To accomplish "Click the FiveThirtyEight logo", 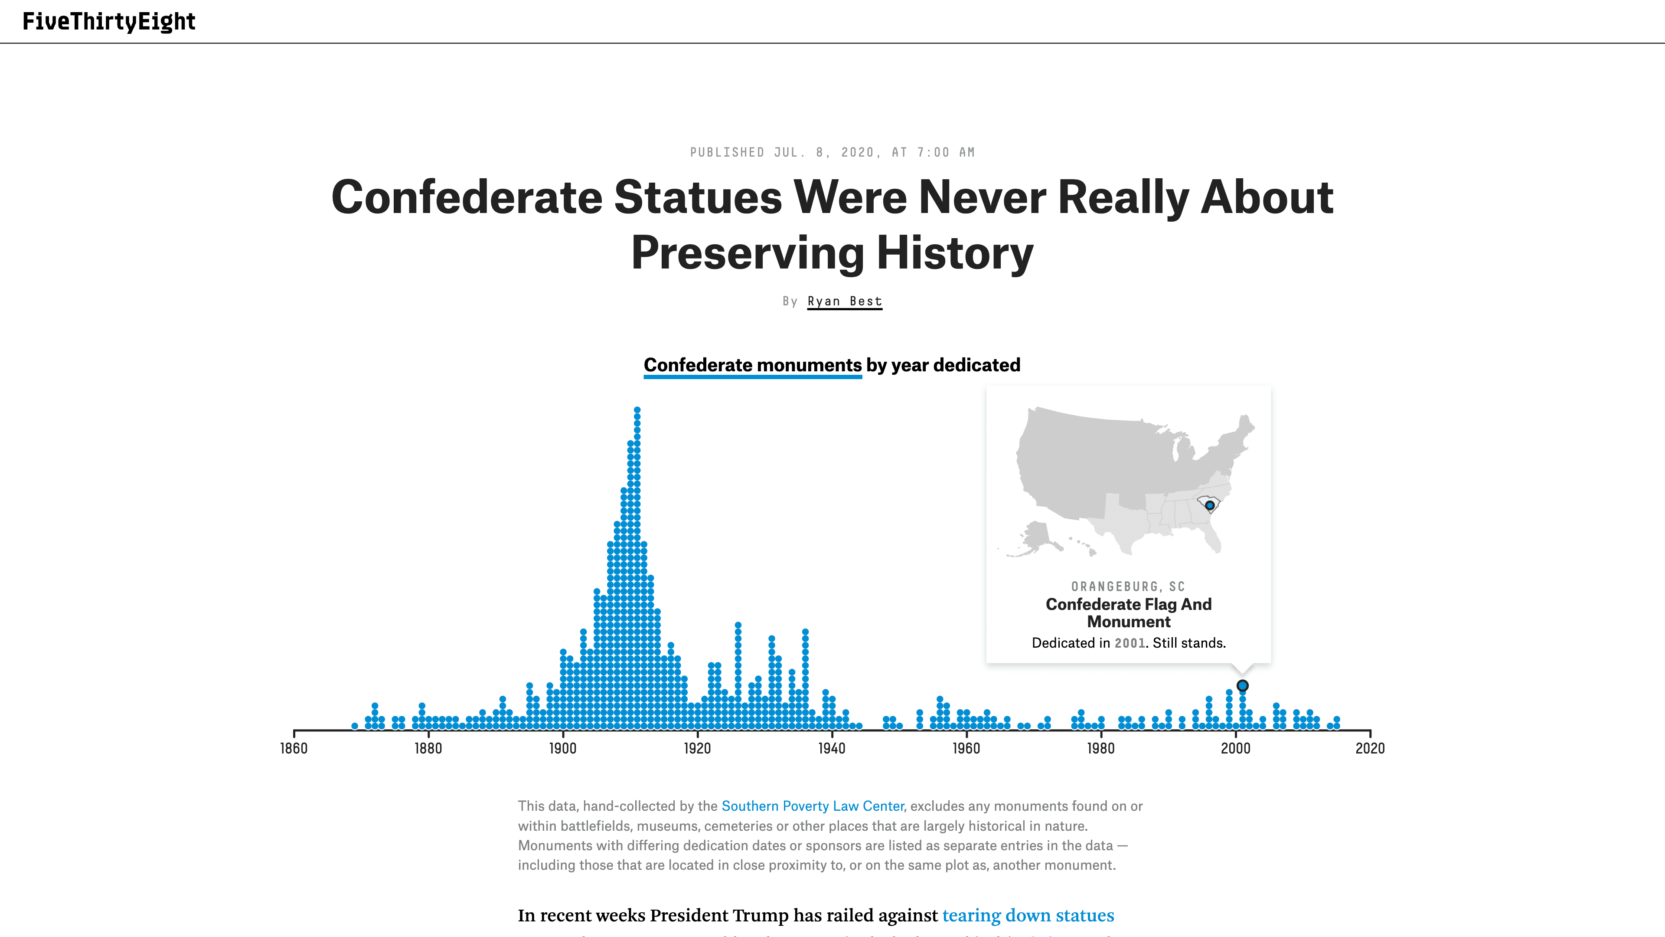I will pyautogui.click(x=108, y=21).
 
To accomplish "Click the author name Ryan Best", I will pyautogui.click(x=844, y=301).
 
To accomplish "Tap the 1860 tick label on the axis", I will pyautogui.click(x=294, y=748).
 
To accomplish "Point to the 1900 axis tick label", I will pyautogui.click(x=562, y=748).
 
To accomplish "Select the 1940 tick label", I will pyautogui.click(x=831, y=748).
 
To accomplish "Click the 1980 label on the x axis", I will pyautogui.click(x=1100, y=748).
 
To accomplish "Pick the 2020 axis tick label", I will pyautogui.click(x=1370, y=748).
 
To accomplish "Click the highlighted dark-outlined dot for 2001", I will pyautogui.click(x=1242, y=685).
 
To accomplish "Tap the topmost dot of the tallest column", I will pyautogui.click(x=637, y=410).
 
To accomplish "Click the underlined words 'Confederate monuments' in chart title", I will pyautogui.click(x=752, y=365).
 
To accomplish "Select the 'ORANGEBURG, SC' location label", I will pyautogui.click(x=1128, y=586).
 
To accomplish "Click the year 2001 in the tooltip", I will pyautogui.click(x=1130, y=643).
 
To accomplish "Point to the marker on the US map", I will pyautogui.click(x=1209, y=505).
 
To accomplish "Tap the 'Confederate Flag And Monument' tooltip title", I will pyautogui.click(x=1129, y=613).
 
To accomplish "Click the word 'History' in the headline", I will pyautogui.click(x=955, y=253).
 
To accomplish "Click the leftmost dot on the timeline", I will pyautogui.click(x=355, y=726).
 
